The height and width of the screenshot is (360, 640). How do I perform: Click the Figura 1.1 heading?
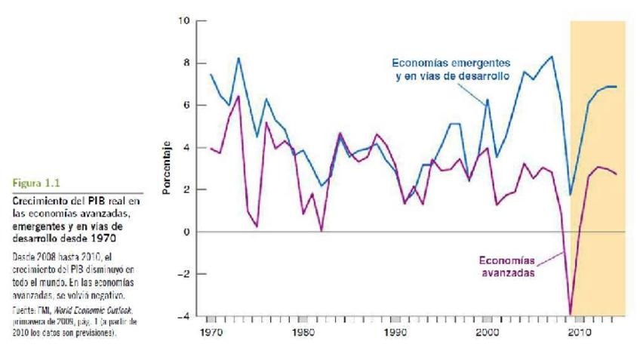tap(35, 182)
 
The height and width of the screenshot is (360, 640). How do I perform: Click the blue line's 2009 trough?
tap(571, 195)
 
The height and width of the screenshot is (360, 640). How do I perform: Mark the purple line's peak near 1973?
tap(238, 96)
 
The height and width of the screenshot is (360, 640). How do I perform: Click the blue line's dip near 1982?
tap(322, 186)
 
